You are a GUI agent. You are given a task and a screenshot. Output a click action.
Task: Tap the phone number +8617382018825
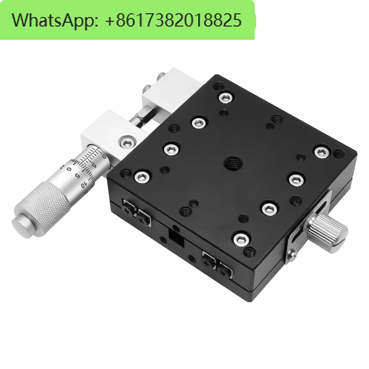[173, 20]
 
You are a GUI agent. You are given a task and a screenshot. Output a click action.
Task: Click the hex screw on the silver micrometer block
[127, 142]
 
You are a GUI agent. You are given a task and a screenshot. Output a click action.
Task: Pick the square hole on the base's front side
[176, 238]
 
